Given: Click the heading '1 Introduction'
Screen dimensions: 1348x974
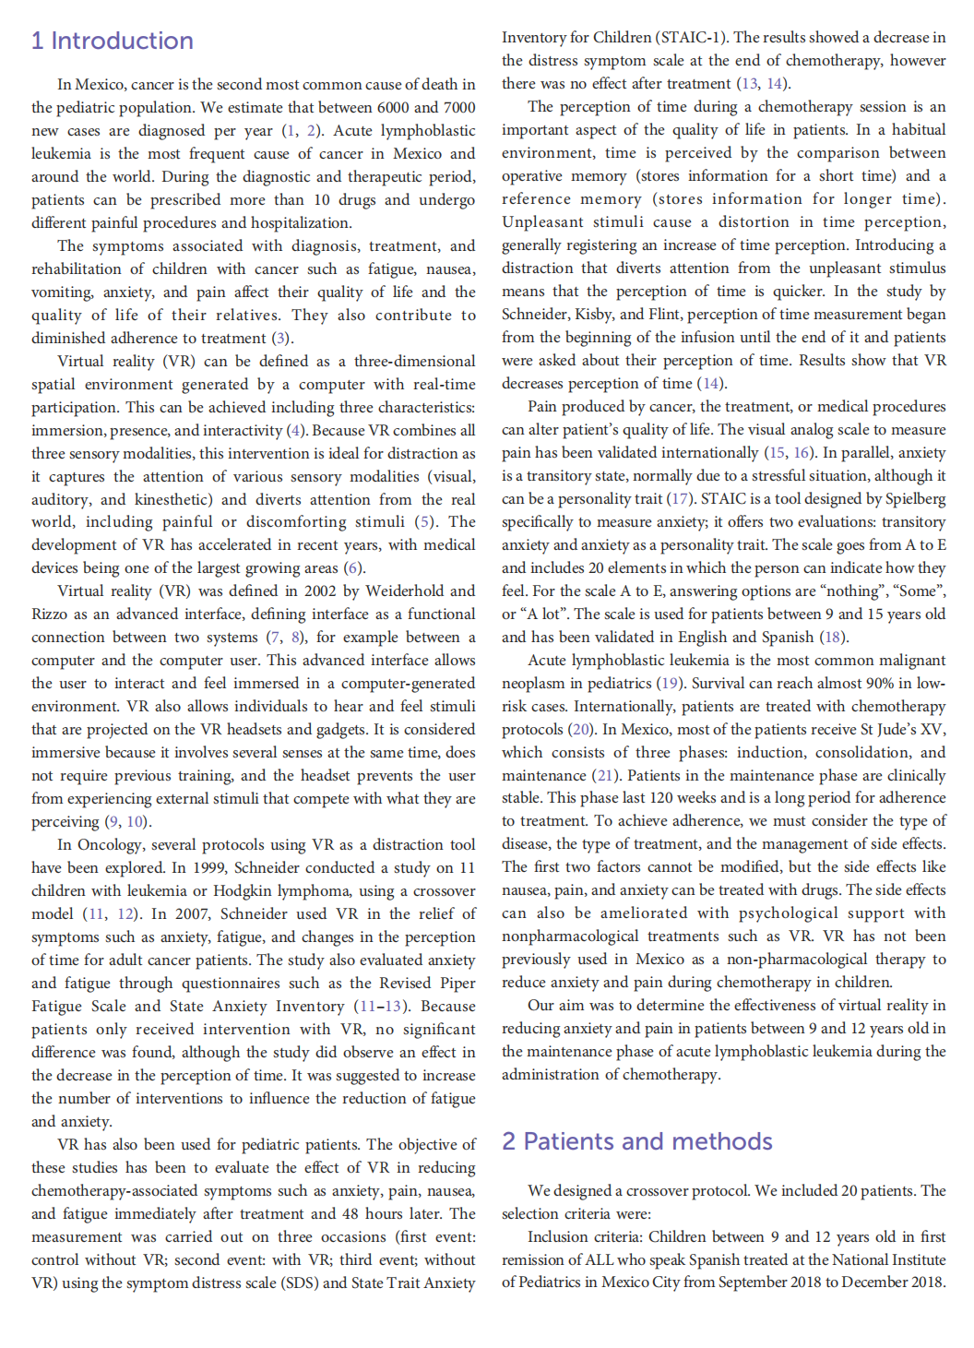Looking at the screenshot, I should pyautogui.click(x=112, y=41).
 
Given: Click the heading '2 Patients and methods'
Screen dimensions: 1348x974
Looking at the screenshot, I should pyautogui.click(x=636, y=1141).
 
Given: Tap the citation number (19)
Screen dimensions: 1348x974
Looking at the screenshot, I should pyautogui.click(x=670, y=684).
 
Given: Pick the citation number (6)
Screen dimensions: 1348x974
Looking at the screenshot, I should pyautogui.click(x=354, y=568).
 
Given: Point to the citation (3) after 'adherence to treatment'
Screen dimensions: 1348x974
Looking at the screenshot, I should pyautogui.click(x=282, y=339).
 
